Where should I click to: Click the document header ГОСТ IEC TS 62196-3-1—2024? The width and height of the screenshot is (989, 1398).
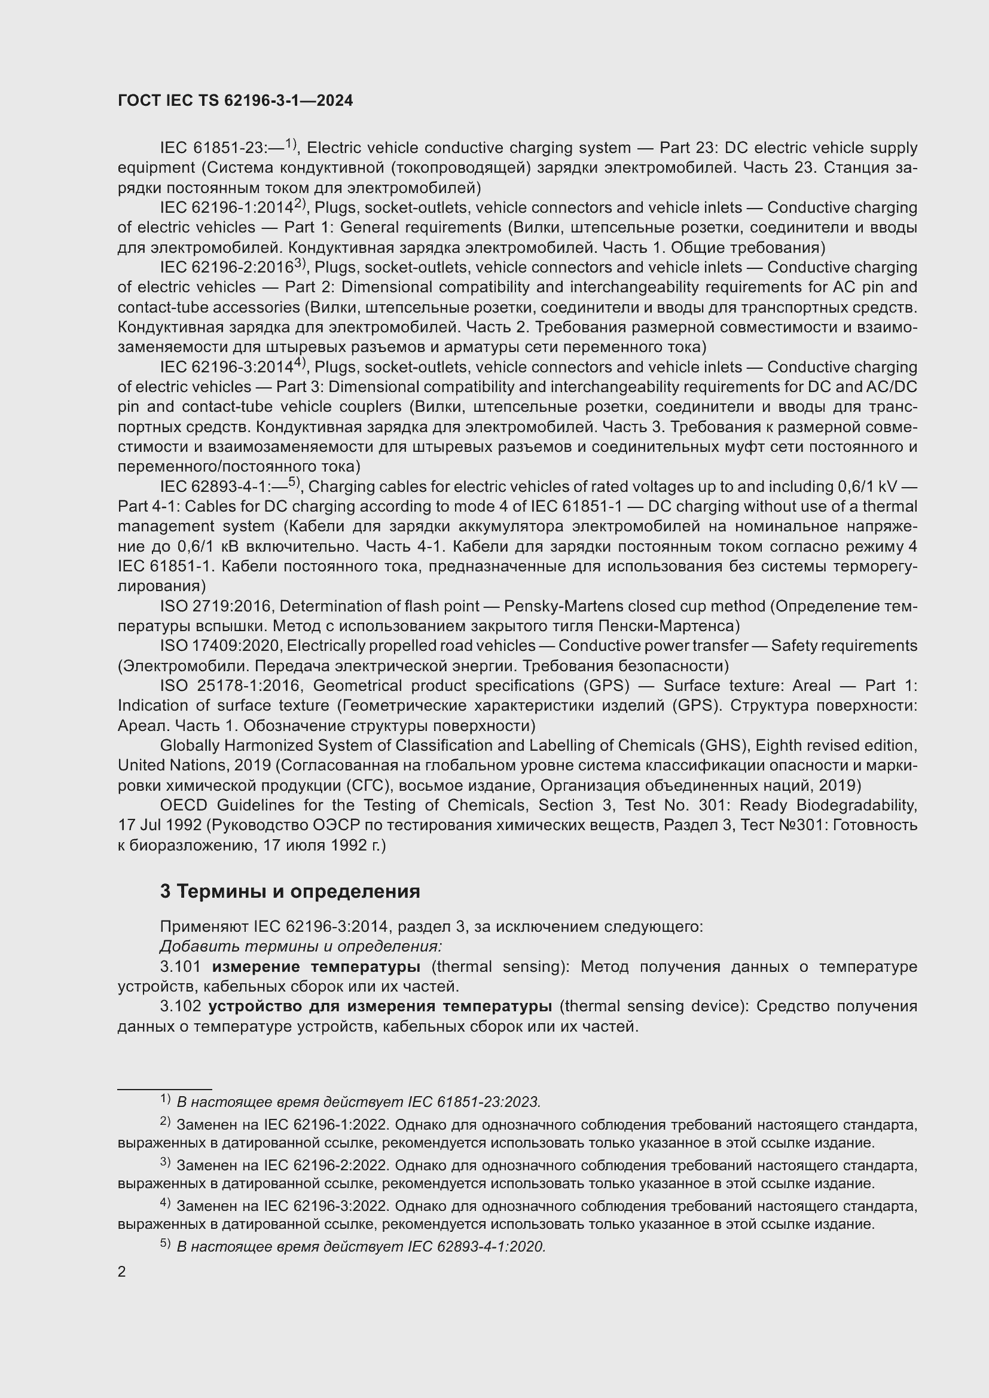coord(235,100)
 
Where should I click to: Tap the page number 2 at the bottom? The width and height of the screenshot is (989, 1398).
coord(122,1272)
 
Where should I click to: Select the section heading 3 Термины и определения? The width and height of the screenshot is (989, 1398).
coord(290,891)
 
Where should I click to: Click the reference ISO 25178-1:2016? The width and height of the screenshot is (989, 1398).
coord(230,686)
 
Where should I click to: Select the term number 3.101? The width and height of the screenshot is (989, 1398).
coord(180,966)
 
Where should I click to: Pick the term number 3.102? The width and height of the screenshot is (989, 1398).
coord(180,1006)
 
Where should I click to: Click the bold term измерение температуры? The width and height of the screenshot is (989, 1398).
coord(316,966)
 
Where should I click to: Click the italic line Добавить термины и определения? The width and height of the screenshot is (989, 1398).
coord(301,946)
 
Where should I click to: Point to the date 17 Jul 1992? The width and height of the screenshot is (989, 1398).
coord(160,825)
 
